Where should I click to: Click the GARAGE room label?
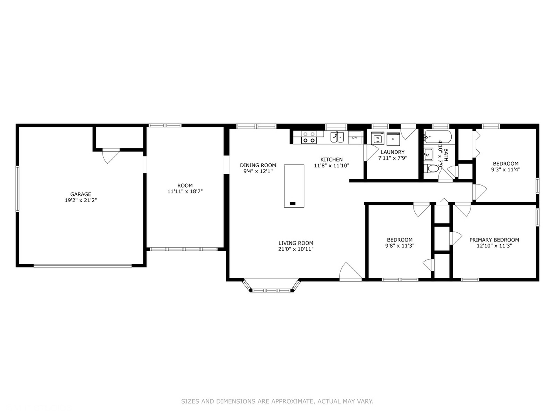[81, 194]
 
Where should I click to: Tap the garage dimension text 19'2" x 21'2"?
[81, 200]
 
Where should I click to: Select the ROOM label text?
[185, 185]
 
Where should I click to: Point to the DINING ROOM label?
[258, 166]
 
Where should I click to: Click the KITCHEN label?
[331, 159]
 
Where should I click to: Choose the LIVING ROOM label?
[296, 243]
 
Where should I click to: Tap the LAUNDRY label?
[393, 152]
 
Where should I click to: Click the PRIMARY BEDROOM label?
[494, 240]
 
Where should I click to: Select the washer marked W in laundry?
[378, 138]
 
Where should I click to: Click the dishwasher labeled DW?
[355, 138]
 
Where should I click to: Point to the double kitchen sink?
[337, 137]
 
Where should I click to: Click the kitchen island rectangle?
[294, 186]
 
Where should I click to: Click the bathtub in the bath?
[438, 137]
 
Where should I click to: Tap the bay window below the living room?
[271, 285]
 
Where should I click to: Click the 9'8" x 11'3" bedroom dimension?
[400, 246]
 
